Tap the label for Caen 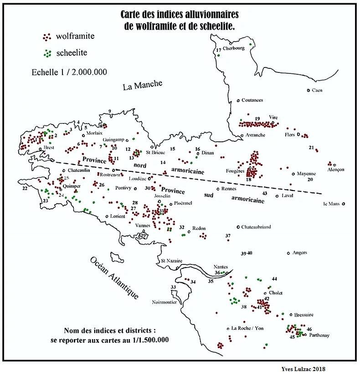[317, 90]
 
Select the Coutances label [252, 100]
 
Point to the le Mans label [332, 204]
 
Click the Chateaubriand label [256, 227]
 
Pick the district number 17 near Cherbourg [219, 50]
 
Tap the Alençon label [335, 170]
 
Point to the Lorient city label [117, 216]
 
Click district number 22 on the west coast [25, 188]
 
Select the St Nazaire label [172, 261]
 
